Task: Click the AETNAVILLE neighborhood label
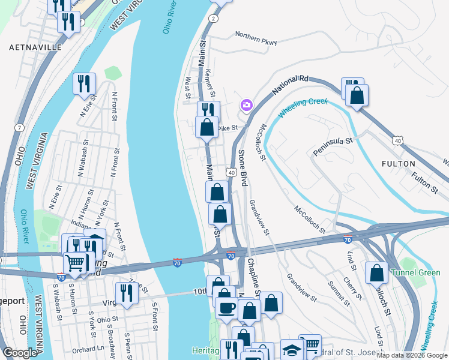[35, 47]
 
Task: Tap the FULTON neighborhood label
[398, 163]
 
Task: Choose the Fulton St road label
[424, 182]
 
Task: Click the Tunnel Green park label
[415, 272]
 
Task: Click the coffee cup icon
[226, 308]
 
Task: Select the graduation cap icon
[291, 350]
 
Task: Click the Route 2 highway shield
[212, 19]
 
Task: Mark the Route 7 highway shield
[20, 128]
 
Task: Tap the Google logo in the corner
[20, 353]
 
